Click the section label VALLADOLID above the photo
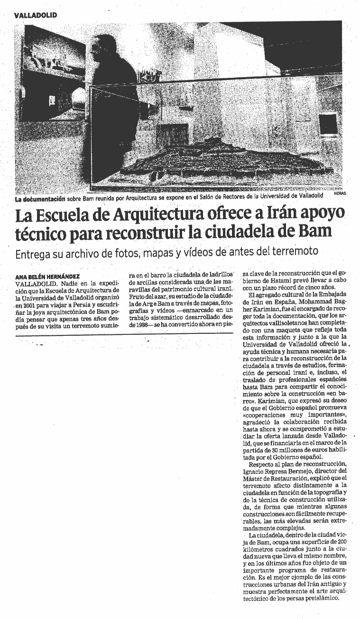pos(36,15)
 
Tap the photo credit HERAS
pos(340,194)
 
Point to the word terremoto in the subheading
pos(293,251)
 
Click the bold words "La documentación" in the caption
pos(37,195)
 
